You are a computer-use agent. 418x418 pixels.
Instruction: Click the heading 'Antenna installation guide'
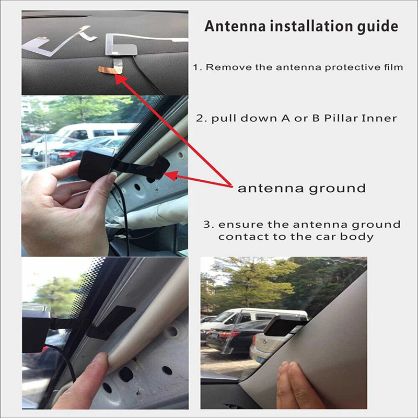301,26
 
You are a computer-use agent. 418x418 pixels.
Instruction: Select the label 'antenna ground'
301,188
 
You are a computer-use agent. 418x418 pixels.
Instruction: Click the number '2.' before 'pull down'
200,118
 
